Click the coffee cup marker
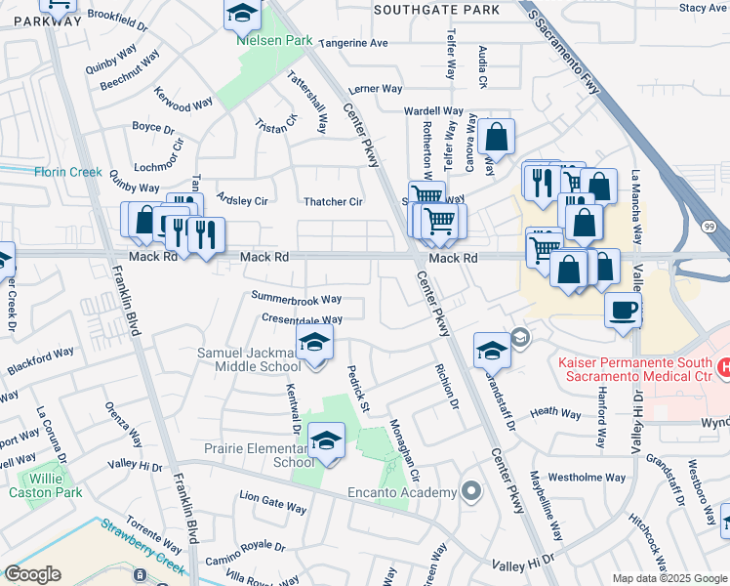coord(624,311)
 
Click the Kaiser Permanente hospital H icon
coord(722,368)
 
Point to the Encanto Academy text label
coord(407,492)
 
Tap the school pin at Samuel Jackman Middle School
coord(314,344)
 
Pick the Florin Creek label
coord(68,172)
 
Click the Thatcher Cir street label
coord(334,202)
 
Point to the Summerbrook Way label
coord(296,299)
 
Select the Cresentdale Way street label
coord(302,319)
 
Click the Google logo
coord(33,574)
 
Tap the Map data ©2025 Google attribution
coord(669,578)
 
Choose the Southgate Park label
coord(436,10)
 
